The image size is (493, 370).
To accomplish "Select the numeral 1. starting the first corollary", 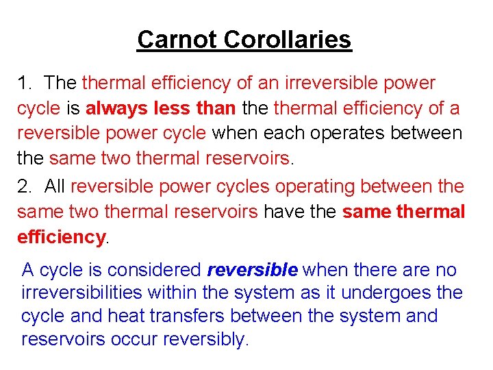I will click(x=25, y=84).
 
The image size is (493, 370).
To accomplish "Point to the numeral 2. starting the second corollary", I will click(x=25, y=186).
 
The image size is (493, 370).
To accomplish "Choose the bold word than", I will click(x=217, y=109).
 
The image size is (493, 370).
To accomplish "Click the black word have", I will click(x=283, y=212).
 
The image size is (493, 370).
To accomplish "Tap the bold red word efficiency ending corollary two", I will click(x=60, y=237).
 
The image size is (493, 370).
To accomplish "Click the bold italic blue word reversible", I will click(x=252, y=269).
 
